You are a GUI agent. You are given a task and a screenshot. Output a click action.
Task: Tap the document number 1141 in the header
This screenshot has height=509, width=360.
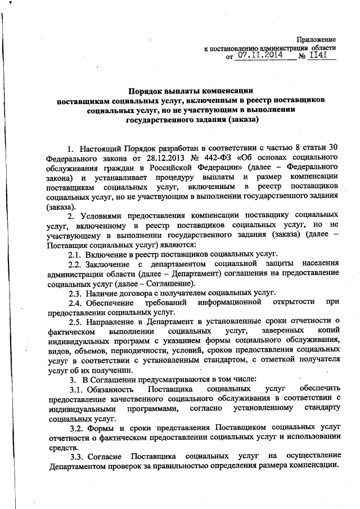pyautogui.click(x=320, y=56)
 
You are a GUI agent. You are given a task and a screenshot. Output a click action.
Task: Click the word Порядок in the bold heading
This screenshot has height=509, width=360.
pyautogui.click(x=147, y=90)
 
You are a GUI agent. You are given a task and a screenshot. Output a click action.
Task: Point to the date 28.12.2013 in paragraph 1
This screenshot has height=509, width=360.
pyautogui.click(x=163, y=157)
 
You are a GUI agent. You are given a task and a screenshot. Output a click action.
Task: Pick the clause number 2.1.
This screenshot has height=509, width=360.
pyautogui.click(x=76, y=253)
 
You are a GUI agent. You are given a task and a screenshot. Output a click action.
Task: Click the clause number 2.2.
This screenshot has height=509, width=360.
pyautogui.click(x=76, y=263)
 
